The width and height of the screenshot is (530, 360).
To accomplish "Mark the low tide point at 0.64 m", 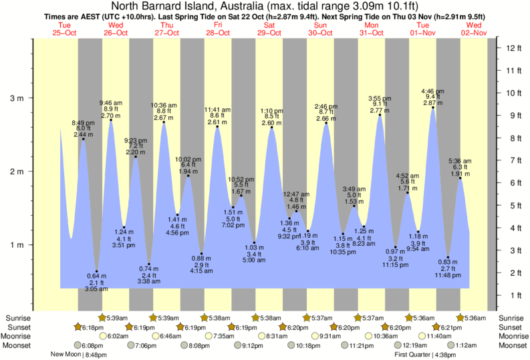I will click(x=97, y=271).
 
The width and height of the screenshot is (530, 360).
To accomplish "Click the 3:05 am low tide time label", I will click(x=96, y=289).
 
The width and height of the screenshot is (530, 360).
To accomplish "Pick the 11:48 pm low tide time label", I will click(x=448, y=275).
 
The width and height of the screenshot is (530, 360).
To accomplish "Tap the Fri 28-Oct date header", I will click(x=217, y=29).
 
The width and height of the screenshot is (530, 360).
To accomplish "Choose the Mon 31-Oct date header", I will click(x=372, y=29).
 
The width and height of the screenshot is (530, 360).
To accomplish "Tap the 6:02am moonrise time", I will click(x=117, y=336).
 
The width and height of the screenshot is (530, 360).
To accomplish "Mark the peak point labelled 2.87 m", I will click(x=432, y=108).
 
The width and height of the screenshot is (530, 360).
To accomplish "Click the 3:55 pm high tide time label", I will click(x=380, y=98).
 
